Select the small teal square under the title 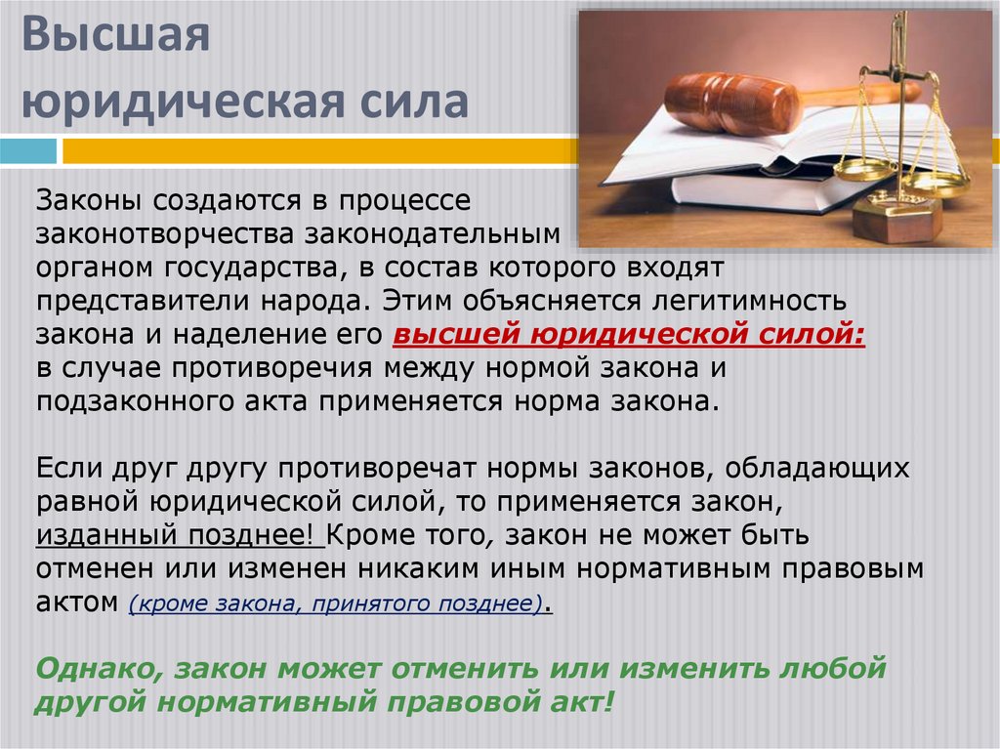tap(28, 151)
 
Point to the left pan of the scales tap(864, 170)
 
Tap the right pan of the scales tap(935, 181)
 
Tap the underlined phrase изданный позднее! tap(180, 536)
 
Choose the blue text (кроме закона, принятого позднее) tap(336, 604)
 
